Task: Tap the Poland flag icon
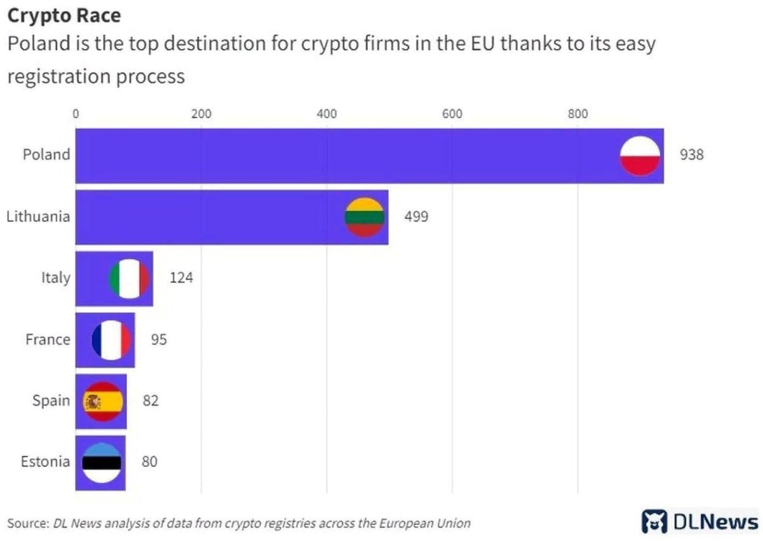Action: (639, 155)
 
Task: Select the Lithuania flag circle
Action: (365, 217)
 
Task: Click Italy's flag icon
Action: (130, 278)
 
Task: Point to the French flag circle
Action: (111, 340)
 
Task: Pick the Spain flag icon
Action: (102, 401)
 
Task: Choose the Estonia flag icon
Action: (102, 462)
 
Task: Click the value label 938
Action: (692, 155)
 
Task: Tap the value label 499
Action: (416, 217)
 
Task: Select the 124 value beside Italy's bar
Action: (181, 278)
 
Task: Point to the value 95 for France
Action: (159, 340)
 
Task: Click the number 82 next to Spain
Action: (151, 401)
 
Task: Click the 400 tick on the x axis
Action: (327, 114)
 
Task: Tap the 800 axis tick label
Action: (577, 114)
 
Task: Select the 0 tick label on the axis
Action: (76, 114)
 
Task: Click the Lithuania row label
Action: (38, 217)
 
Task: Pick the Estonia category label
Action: (45, 462)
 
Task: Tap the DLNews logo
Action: (700, 522)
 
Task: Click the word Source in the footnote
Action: (27, 524)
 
